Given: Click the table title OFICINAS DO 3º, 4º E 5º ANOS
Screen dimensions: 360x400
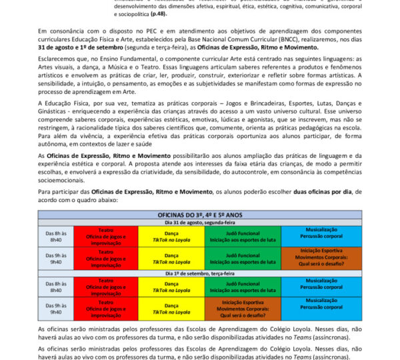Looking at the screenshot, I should pyautogui.click(x=199, y=215).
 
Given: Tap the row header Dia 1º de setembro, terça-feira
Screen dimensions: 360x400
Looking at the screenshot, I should pyautogui.click(x=199, y=273).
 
